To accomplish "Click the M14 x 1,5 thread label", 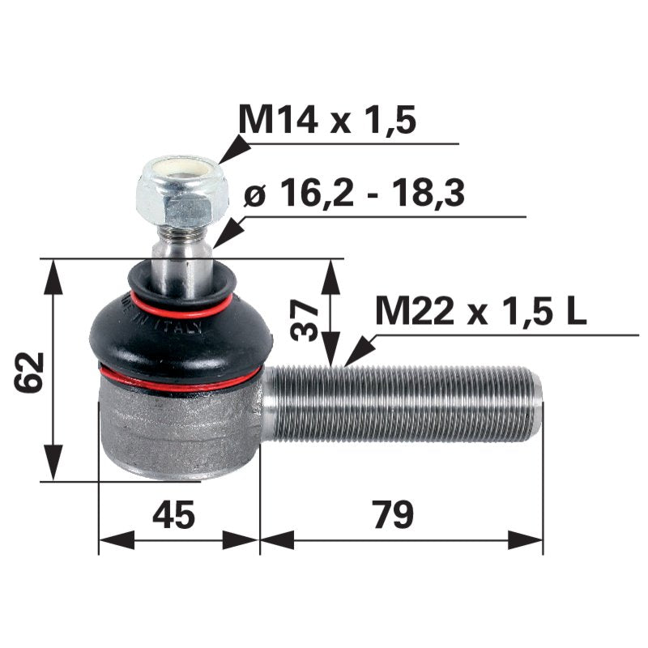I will pyautogui.click(x=326, y=120).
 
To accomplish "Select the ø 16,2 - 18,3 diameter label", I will pyautogui.click(x=354, y=194).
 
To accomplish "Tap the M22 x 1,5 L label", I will pyautogui.click(x=481, y=311).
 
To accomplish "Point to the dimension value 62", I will pyautogui.click(x=31, y=372).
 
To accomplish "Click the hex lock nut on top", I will pyautogui.click(x=176, y=194).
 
